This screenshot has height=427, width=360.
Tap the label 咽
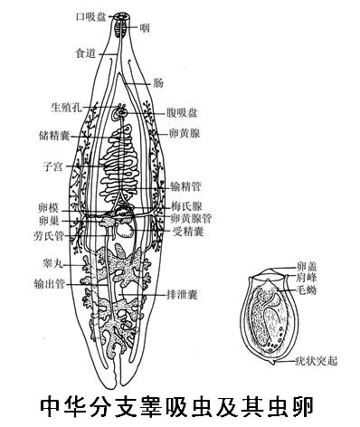click(x=145, y=27)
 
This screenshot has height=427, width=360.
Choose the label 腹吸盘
click(x=183, y=112)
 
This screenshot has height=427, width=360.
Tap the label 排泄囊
click(x=181, y=294)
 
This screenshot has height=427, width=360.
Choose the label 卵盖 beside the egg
click(x=306, y=267)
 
